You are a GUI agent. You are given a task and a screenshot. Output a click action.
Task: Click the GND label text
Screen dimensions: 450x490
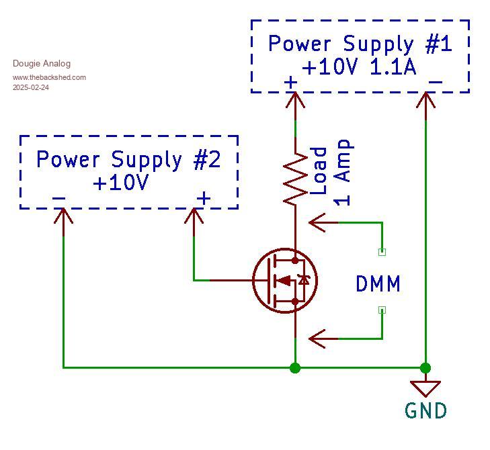click(425, 410)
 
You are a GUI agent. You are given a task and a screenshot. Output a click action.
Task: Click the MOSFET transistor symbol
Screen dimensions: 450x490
click(285, 280)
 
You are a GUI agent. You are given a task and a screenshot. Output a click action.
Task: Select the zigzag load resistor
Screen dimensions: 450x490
click(295, 178)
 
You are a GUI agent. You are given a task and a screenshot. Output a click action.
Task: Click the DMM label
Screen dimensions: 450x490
click(378, 284)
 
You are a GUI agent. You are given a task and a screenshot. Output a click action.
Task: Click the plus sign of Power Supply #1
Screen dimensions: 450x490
click(290, 83)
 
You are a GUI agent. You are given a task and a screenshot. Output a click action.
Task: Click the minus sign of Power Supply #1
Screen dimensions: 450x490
click(435, 83)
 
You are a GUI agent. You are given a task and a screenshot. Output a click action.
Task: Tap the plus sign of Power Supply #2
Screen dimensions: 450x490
click(203, 198)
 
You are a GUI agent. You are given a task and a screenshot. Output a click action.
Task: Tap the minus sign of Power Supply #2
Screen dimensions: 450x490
click(58, 198)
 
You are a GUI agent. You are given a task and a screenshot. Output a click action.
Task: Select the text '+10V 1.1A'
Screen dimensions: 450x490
click(359, 67)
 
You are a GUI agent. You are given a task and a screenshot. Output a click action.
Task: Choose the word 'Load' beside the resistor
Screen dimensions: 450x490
click(319, 171)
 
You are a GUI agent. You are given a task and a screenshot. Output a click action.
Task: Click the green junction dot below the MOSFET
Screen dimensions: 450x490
click(295, 367)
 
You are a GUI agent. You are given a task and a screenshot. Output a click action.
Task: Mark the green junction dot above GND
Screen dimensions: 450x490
click(425, 367)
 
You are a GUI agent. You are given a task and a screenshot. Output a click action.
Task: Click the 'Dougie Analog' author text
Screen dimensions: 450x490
click(42, 64)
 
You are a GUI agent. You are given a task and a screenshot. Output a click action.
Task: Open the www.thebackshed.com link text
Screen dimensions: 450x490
click(49, 77)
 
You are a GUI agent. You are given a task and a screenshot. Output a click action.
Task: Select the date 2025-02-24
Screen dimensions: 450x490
click(31, 87)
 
